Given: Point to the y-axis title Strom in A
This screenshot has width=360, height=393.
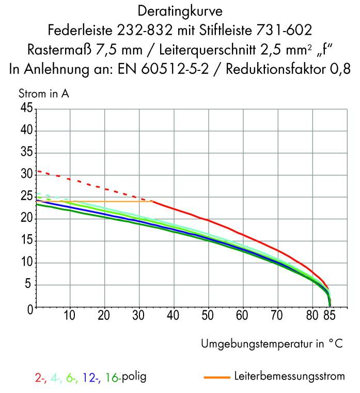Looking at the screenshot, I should pos(44,95).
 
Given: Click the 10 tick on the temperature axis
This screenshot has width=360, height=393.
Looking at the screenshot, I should pos(70,316).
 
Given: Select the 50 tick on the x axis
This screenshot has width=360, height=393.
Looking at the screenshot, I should pos(208,316).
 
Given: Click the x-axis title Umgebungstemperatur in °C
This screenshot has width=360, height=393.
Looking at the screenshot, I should pos(272,344).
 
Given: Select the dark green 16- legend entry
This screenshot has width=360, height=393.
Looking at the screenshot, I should pos(113,378).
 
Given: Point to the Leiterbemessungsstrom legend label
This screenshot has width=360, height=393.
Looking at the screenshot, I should pos(289,376).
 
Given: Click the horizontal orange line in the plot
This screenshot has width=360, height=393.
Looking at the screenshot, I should pos(103,201).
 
